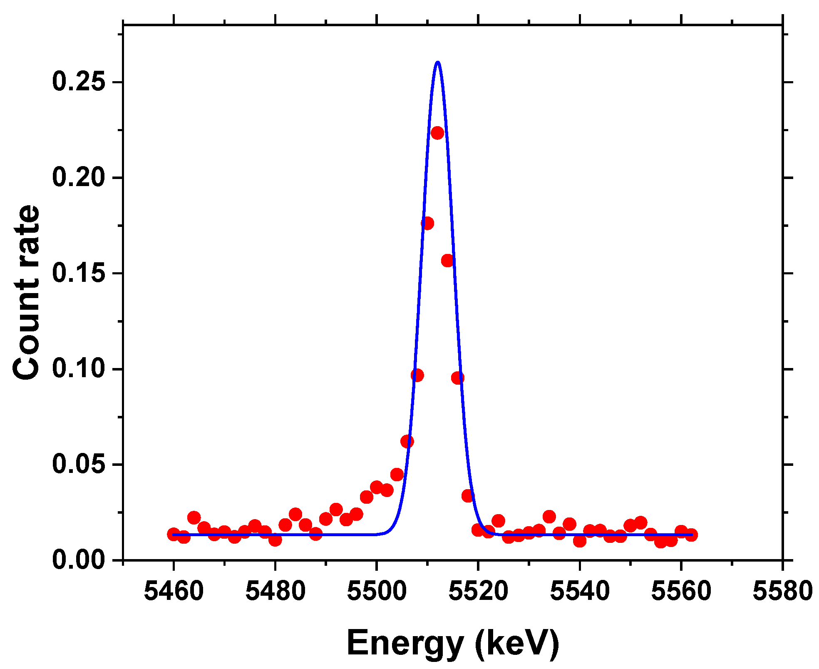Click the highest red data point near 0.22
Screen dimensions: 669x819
(437, 133)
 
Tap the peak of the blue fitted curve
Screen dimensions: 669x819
(437, 62)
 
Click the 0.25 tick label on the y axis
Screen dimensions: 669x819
(78, 82)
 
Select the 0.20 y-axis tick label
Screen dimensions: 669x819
(78, 177)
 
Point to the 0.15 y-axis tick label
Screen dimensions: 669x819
(78, 273)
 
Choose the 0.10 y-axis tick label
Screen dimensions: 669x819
(78, 369)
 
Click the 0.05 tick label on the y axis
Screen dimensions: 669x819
(78, 464)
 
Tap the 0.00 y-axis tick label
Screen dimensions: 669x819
(78, 560)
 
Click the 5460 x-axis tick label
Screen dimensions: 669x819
(174, 591)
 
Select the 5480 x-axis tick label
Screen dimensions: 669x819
(275, 591)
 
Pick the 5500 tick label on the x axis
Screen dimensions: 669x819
(377, 591)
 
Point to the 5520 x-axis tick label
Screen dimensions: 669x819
(478, 591)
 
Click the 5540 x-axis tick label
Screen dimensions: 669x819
(580, 591)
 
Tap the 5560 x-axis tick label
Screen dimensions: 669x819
(681, 591)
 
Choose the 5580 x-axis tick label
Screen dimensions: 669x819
(782, 591)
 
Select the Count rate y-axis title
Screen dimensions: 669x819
(26, 292)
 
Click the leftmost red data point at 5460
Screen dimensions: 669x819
(174, 534)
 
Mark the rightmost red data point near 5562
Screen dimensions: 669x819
(691, 535)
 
